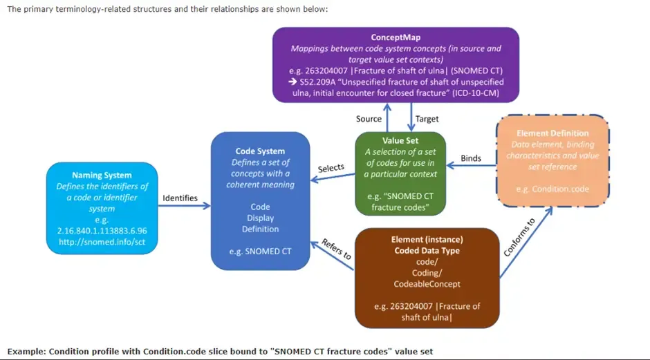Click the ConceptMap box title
click(395, 37)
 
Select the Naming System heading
click(102, 176)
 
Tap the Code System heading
click(260, 151)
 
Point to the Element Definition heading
click(552, 133)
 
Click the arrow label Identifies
click(180, 198)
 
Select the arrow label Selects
click(331, 169)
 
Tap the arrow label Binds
click(471, 159)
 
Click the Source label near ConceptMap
click(369, 119)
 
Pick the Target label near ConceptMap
click(427, 119)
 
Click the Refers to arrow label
click(337, 250)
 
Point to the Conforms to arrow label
click(519, 238)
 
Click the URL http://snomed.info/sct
click(102, 242)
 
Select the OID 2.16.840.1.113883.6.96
click(102, 231)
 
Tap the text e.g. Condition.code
click(552, 189)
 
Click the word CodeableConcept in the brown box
click(427, 284)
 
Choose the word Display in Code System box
click(260, 218)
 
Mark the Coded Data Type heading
click(427, 251)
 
